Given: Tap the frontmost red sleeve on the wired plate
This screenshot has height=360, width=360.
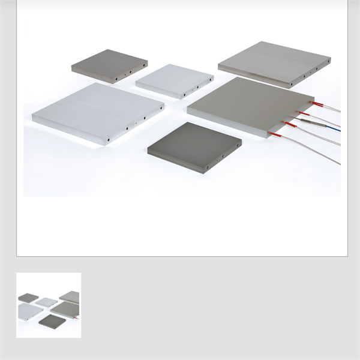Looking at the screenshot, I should tap(275, 133).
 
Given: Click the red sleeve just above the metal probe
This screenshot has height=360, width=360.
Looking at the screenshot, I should tap(304, 113).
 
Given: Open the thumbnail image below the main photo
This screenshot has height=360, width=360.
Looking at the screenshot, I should tap(49, 305).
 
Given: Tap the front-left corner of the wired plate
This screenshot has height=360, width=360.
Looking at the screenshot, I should tap(189, 110).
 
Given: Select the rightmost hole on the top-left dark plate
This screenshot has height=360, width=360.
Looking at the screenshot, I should tap(145, 62).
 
